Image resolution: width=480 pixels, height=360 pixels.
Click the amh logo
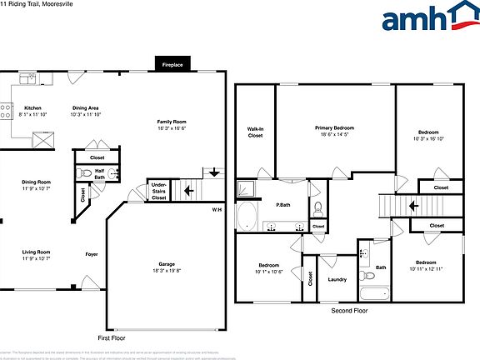point(425,17)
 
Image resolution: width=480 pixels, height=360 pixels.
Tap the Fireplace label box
point(172,63)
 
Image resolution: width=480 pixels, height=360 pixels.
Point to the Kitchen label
point(32,108)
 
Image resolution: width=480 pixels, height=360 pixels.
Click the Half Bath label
point(99,174)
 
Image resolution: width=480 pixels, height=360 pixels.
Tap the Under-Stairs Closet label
point(158,191)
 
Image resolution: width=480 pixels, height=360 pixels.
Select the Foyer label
point(92,253)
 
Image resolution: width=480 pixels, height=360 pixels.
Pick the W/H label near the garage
point(217,209)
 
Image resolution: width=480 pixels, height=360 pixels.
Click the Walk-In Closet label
point(255,132)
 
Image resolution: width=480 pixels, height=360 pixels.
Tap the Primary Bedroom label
point(334,127)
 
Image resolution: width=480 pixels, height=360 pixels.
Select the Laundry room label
point(337,279)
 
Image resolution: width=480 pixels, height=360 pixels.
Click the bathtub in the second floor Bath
point(374,292)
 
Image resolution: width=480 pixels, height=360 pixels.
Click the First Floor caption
point(115,338)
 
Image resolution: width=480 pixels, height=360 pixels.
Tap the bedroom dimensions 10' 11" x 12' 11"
point(426,268)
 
